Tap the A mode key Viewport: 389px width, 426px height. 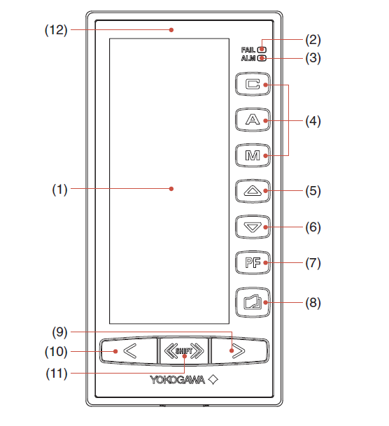pos(253,120)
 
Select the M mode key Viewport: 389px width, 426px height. pos(253,155)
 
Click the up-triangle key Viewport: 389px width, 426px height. pos(253,191)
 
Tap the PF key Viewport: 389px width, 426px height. pos(253,262)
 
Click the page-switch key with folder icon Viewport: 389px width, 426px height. pos(253,302)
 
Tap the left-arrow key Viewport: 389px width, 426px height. pos(128,351)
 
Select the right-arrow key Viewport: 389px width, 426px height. pos(240,351)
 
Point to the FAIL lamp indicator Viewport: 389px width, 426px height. pos(262,50)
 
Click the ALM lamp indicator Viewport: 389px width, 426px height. pos(262,58)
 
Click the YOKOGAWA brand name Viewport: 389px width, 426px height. pos(178,380)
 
